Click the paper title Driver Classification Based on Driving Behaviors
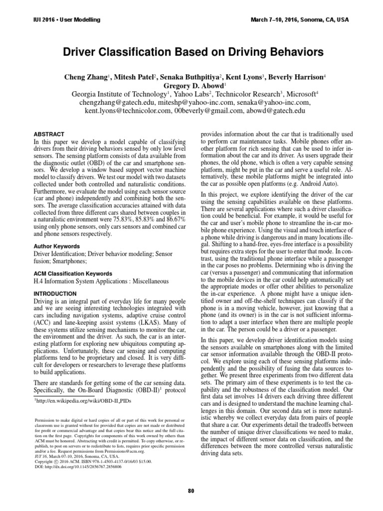coord(191,51)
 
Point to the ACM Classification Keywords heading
coord(72,274)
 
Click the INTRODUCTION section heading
coord(54,294)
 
